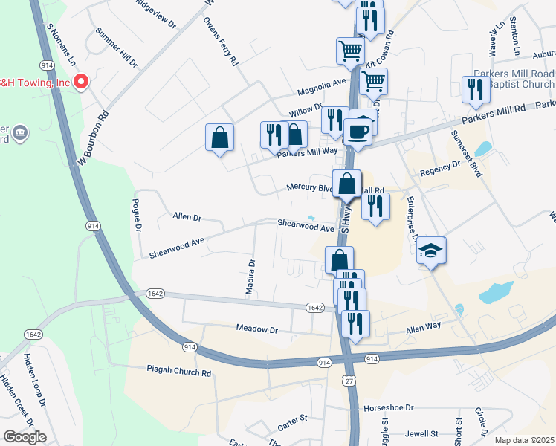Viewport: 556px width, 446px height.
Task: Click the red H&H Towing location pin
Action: (83, 81)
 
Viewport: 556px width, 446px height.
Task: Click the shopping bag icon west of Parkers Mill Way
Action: (220, 138)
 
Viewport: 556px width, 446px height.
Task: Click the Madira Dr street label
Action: (252, 275)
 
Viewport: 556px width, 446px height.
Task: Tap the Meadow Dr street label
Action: (256, 329)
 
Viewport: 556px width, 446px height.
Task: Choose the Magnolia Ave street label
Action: (322, 87)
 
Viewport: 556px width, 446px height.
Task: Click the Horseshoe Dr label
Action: (388, 409)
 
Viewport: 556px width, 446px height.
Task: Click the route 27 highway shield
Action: (348, 381)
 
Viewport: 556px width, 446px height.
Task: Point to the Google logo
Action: (25, 437)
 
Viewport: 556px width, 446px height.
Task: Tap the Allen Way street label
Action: (423, 326)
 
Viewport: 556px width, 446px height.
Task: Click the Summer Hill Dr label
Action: (117, 49)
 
